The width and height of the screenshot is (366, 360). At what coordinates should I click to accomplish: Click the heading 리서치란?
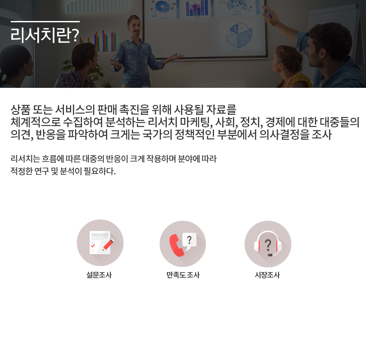45,35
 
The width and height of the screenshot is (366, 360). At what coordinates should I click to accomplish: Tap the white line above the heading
45,22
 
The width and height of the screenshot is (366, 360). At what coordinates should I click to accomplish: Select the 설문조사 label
99,275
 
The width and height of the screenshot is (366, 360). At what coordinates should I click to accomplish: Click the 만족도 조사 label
183,275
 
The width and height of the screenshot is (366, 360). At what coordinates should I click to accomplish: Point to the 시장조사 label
267,275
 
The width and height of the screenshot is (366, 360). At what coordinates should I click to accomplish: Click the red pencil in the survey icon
108,245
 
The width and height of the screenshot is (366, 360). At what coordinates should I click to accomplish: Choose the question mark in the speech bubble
189,240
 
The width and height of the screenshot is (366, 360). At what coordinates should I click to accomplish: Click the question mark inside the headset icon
268,245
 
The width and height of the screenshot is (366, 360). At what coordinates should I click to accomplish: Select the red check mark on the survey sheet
93,245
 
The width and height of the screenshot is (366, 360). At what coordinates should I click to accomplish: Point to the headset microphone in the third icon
270,255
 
